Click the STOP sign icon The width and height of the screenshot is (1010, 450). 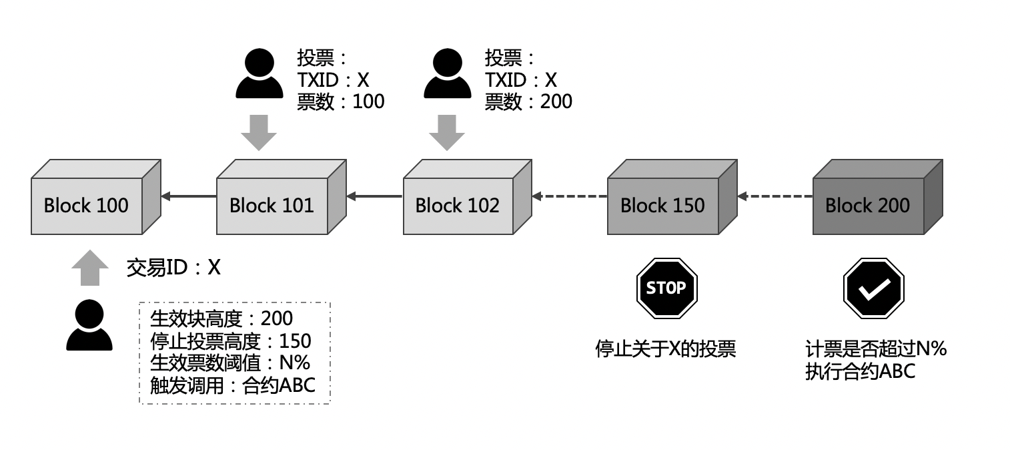pos(666,288)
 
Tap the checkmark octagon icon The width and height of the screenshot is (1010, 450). pos(873,288)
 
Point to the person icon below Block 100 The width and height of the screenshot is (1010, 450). pos(89,325)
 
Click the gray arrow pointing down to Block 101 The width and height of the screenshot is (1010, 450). pos(259,132)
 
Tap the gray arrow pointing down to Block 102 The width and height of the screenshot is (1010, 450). pos(446,132)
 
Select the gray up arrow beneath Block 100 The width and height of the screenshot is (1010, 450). pos(89,268)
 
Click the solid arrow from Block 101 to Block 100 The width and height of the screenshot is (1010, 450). pos(189,196)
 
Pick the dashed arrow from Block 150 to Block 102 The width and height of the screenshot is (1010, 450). pos(569,196)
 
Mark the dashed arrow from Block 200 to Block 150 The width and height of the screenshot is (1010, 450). pos(775,196)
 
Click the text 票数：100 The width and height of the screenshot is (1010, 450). pos(340,101)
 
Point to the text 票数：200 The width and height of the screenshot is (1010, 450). pos(528,101)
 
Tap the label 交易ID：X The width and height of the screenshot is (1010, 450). pos(173,268)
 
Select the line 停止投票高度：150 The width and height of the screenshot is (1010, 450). pos(231,341)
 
